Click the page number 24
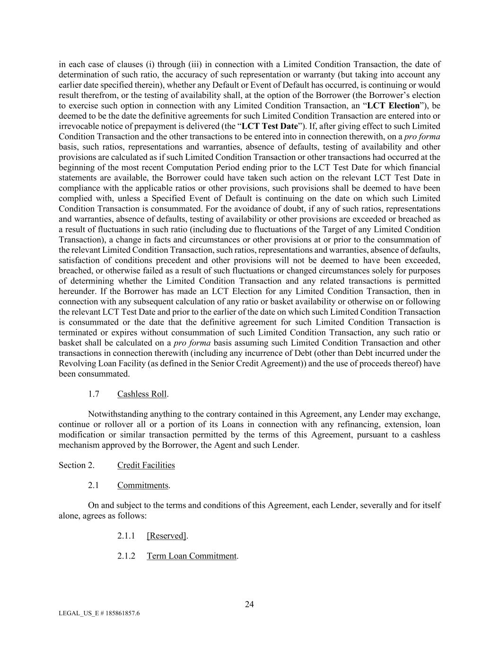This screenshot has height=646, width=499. point(249,604)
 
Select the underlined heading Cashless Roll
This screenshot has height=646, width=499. point(142,394)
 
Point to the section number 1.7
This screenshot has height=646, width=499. point(94,394)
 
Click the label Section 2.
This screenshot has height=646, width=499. point(76,465)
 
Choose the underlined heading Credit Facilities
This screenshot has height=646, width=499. point(146,465)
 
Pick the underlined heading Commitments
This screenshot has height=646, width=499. point(143,486)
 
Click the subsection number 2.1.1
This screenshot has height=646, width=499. point(126,536)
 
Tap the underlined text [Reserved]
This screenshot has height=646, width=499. point(166,536)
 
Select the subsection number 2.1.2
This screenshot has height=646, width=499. point(126,556)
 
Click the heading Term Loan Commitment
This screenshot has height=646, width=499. point(191,556)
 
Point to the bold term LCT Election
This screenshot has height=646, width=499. point(393,106)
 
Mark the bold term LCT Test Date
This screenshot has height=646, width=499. point(270,126)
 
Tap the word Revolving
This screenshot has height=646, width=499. point(75,363)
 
